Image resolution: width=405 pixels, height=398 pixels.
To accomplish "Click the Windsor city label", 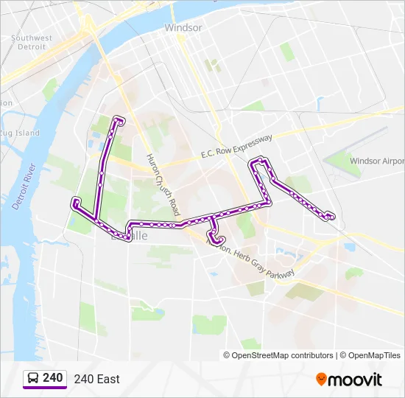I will click(183, 27).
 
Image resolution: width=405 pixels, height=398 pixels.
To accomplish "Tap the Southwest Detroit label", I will click(32, 42).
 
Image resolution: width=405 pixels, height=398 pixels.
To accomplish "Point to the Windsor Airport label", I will click(376, 161).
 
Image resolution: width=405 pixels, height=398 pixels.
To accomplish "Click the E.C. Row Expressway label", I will click(236, 146).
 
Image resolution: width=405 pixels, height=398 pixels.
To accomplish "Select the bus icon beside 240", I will click(33, 378).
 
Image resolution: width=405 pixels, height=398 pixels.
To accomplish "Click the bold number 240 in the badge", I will click(53, 378).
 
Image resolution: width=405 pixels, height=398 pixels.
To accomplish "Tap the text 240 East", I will click(96, 379).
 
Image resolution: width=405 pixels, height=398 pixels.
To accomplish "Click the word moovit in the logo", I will click(356, 380).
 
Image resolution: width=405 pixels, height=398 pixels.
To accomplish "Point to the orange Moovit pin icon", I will click(321, 379).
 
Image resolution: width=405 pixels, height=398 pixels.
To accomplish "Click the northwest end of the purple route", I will click(119, 119).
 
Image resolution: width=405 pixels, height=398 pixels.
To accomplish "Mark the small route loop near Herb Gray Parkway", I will click(216, 238).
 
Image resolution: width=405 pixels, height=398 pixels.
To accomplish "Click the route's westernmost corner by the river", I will click(74, 201).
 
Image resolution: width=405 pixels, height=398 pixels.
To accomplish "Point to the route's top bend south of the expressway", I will click(259, 159).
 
